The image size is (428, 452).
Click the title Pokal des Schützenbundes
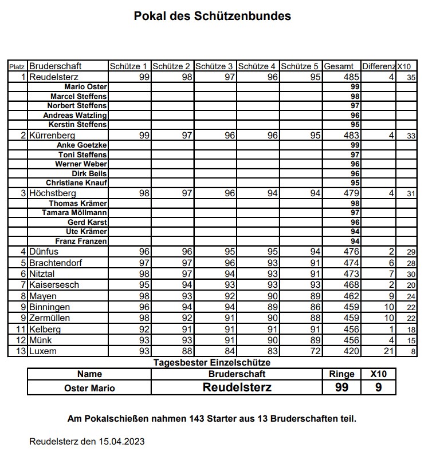[x=213, y=16]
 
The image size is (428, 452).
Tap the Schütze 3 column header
[x=214, y=66]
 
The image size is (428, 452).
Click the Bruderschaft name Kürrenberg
[x=52, y=136]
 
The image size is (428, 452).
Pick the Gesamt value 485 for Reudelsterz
[x=351, y=77]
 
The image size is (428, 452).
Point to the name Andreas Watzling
[x=75, y=115]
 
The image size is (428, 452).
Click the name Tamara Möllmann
[x=74, y=212]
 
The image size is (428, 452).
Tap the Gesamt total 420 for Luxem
[x=351, y=351]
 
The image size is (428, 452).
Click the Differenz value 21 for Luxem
[x=388, y=351]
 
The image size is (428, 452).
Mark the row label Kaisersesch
[x=54, y=285]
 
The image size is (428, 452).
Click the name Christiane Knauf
[x=76, y=183]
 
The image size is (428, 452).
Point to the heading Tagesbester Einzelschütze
[x=211, y=362]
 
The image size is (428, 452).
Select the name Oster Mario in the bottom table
[x=89, y=388]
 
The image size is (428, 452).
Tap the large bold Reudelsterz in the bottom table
[x=237, y=387]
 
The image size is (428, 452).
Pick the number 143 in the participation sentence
[x=197, y=419]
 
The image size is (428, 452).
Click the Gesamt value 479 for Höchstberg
[x=351, y=193]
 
